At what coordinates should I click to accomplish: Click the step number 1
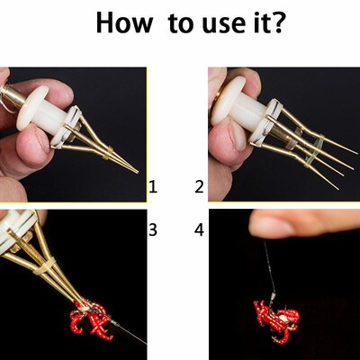(x=153, y=187)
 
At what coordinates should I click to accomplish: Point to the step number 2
(x=200, y=187)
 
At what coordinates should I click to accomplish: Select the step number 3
(x=153, y=229)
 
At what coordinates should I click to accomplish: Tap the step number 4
(x=200, y=229)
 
